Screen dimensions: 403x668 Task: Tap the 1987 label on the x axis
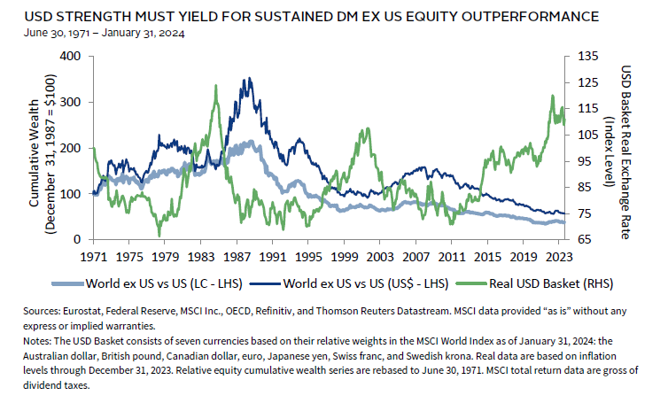pyautogui.click(x=237, y=256)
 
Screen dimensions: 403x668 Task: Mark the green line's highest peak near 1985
pyautogui.click(x=216, y=86)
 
